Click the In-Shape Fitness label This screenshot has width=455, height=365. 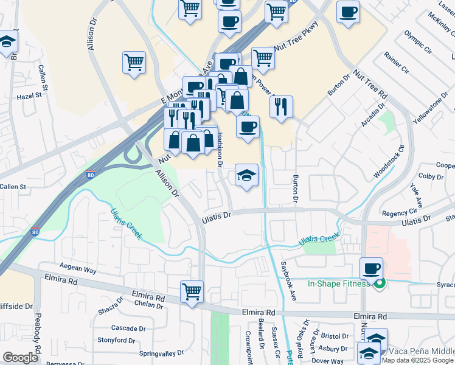click(x=339, y=283)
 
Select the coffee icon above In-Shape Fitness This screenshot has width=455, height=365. click(x=371, y=268)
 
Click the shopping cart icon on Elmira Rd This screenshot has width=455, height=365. click(x=192, y=292)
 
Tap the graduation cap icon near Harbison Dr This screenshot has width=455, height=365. click(x=246, y=176)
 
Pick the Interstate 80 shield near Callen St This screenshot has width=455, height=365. click(x=90, y=175)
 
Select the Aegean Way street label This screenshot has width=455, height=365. click(x=78, y=267)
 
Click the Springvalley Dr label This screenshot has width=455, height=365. click(x=161, y=353)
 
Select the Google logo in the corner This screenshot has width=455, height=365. click(x=20, y=358)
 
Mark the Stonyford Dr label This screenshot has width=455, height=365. click(x=116, y=340)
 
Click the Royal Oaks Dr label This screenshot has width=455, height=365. click(x=299, y=341)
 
